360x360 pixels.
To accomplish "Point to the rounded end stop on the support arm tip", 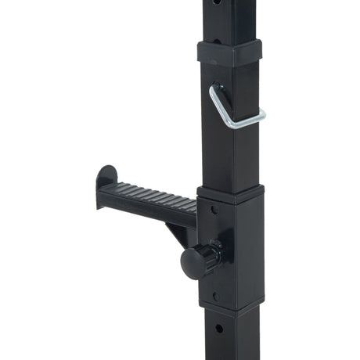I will tap(106, 179).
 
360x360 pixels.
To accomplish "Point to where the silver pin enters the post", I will tap(215, 88).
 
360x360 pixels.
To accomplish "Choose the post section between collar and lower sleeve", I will tap(232, 157).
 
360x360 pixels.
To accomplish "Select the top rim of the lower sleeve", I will tap(231, 193).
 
